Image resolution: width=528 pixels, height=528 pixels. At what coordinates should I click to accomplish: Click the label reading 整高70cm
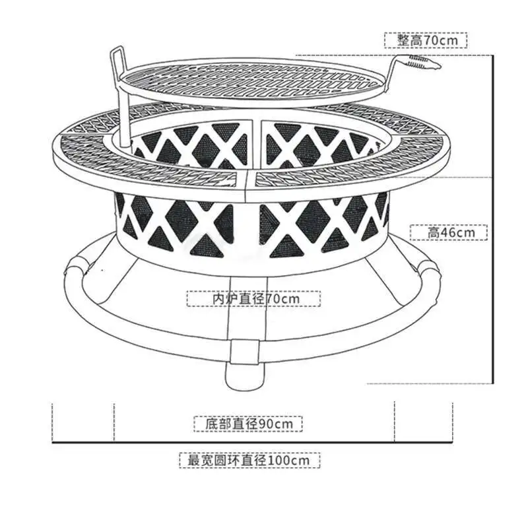(x=426, y=40)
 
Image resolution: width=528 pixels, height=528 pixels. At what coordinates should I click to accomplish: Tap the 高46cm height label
(x=449, y=232)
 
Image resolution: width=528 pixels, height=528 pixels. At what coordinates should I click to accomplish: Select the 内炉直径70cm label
(x=254, y=299)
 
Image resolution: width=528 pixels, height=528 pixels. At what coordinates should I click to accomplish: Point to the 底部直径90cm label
(x=247, y=424)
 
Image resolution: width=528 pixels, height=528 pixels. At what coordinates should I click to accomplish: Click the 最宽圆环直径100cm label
(x=250, y=460)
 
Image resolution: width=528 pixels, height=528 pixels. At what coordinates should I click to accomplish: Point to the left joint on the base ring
(x=76, y=267)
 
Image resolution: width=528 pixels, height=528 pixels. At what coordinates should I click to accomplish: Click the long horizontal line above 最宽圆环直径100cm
(x=251, y=442)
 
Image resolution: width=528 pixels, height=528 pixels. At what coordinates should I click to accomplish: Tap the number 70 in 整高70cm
(x=430, y=40)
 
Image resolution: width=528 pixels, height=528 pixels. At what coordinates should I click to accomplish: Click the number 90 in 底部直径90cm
(x=265, y=424)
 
